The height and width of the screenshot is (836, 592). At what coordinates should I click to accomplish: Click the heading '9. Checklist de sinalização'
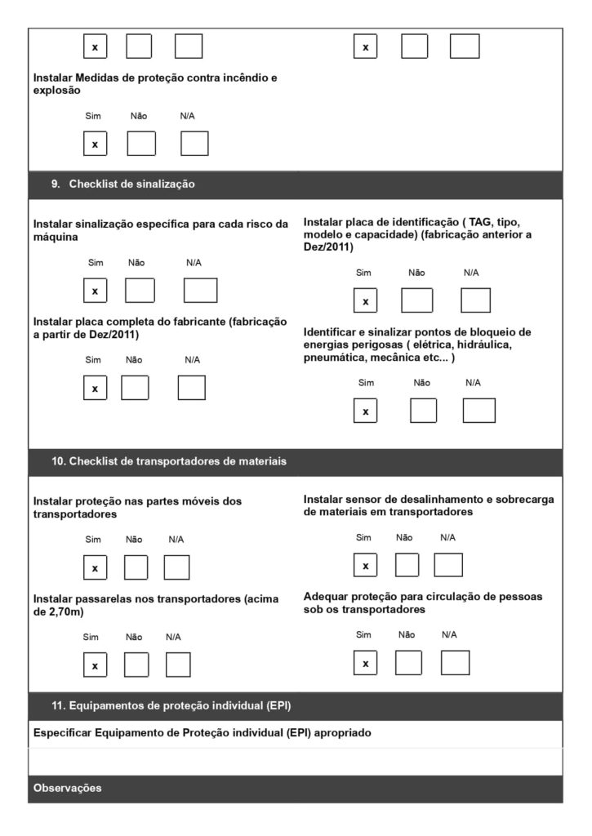pyautogui.click(x=123, y=185)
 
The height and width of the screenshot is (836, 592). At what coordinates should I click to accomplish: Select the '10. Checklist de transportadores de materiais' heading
pyautogui.click(x=169, y=461)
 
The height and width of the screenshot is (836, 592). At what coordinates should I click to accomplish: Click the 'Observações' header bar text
pyautogui.click(x=68, y=789)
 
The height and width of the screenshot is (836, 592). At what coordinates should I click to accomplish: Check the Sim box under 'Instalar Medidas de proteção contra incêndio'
pyautogui.click(x=95, y=144)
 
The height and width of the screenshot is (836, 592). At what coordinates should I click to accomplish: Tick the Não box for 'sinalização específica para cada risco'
pyautogui.click(x=140, y=291)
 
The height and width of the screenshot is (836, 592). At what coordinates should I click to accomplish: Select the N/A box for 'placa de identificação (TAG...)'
pyautogui.click(x=475, y=301)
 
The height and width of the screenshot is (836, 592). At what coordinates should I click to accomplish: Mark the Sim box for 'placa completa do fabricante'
pyautogui.click(x=95, y=388)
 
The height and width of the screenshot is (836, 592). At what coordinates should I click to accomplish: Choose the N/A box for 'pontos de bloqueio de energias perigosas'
pyautogui.click(x=478, y=411)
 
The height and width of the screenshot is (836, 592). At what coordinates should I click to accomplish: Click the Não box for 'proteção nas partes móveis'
pyautogui.click(x=136, y=567)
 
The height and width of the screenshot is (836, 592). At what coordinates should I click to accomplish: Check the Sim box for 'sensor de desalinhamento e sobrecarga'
pyautogui.click(x=365, y=565)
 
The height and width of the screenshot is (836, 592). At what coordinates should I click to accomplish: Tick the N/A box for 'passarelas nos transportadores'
pyautogui.click(x=177, y=665)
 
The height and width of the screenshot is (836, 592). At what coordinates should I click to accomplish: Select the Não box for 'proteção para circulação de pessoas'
pyautogui.click(x=408, y=663)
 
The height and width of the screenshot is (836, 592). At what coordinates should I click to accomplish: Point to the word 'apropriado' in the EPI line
pyautogui.click(x=342, y=733)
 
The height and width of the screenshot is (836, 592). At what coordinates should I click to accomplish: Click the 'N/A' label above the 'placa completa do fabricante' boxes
pyautogui.click(x=192, y=359)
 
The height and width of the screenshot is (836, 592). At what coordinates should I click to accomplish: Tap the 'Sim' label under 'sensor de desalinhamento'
pyautogui.click(x=363, y=537)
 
